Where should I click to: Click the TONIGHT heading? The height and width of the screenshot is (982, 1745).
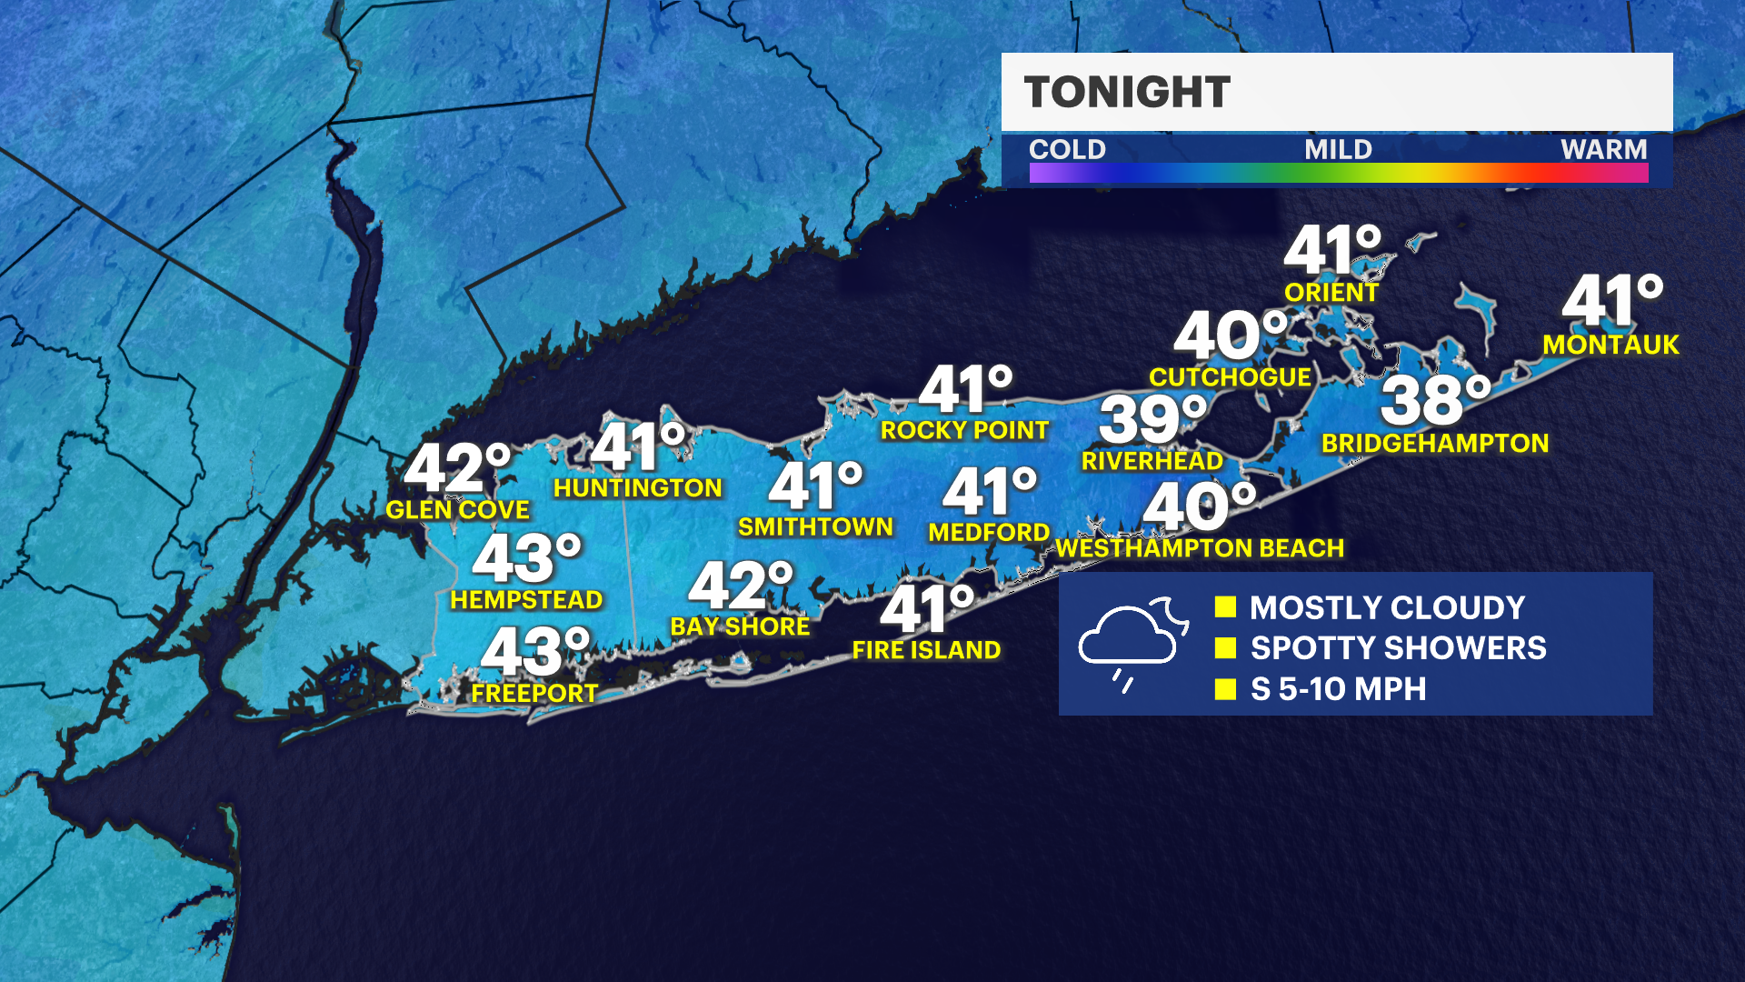coord(1127,92)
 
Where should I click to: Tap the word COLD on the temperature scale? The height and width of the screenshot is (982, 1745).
coord(1067,149)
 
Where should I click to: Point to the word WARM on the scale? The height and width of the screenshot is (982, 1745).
coord(1603,149)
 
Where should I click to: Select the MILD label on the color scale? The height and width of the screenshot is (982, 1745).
coord(1338,149)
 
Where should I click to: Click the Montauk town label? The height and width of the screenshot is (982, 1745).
coord(1610,345)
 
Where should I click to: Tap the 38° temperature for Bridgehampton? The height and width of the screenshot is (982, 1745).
coord(1435,400)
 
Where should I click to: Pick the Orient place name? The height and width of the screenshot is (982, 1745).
coord(1331,293)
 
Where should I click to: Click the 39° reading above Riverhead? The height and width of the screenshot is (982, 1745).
coord(1152,419)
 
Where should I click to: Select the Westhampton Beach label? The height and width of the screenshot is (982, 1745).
coord(1200,548)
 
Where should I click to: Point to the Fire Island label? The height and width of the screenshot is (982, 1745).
coord(926,650)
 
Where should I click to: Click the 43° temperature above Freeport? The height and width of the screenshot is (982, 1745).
coord(535,651)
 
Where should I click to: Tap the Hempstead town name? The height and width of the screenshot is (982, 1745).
coord(526,600)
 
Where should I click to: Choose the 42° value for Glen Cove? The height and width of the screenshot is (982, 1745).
coord(457,468)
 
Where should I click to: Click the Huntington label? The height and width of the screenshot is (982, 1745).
coord(637,488)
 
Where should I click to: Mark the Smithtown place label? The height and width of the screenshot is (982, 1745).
coord(815,527)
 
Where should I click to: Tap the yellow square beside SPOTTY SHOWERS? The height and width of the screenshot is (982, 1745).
coord(1225,647)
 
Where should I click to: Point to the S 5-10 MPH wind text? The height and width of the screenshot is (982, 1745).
coord(1338,689)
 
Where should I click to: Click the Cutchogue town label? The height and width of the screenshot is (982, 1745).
coord(1230,377)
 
